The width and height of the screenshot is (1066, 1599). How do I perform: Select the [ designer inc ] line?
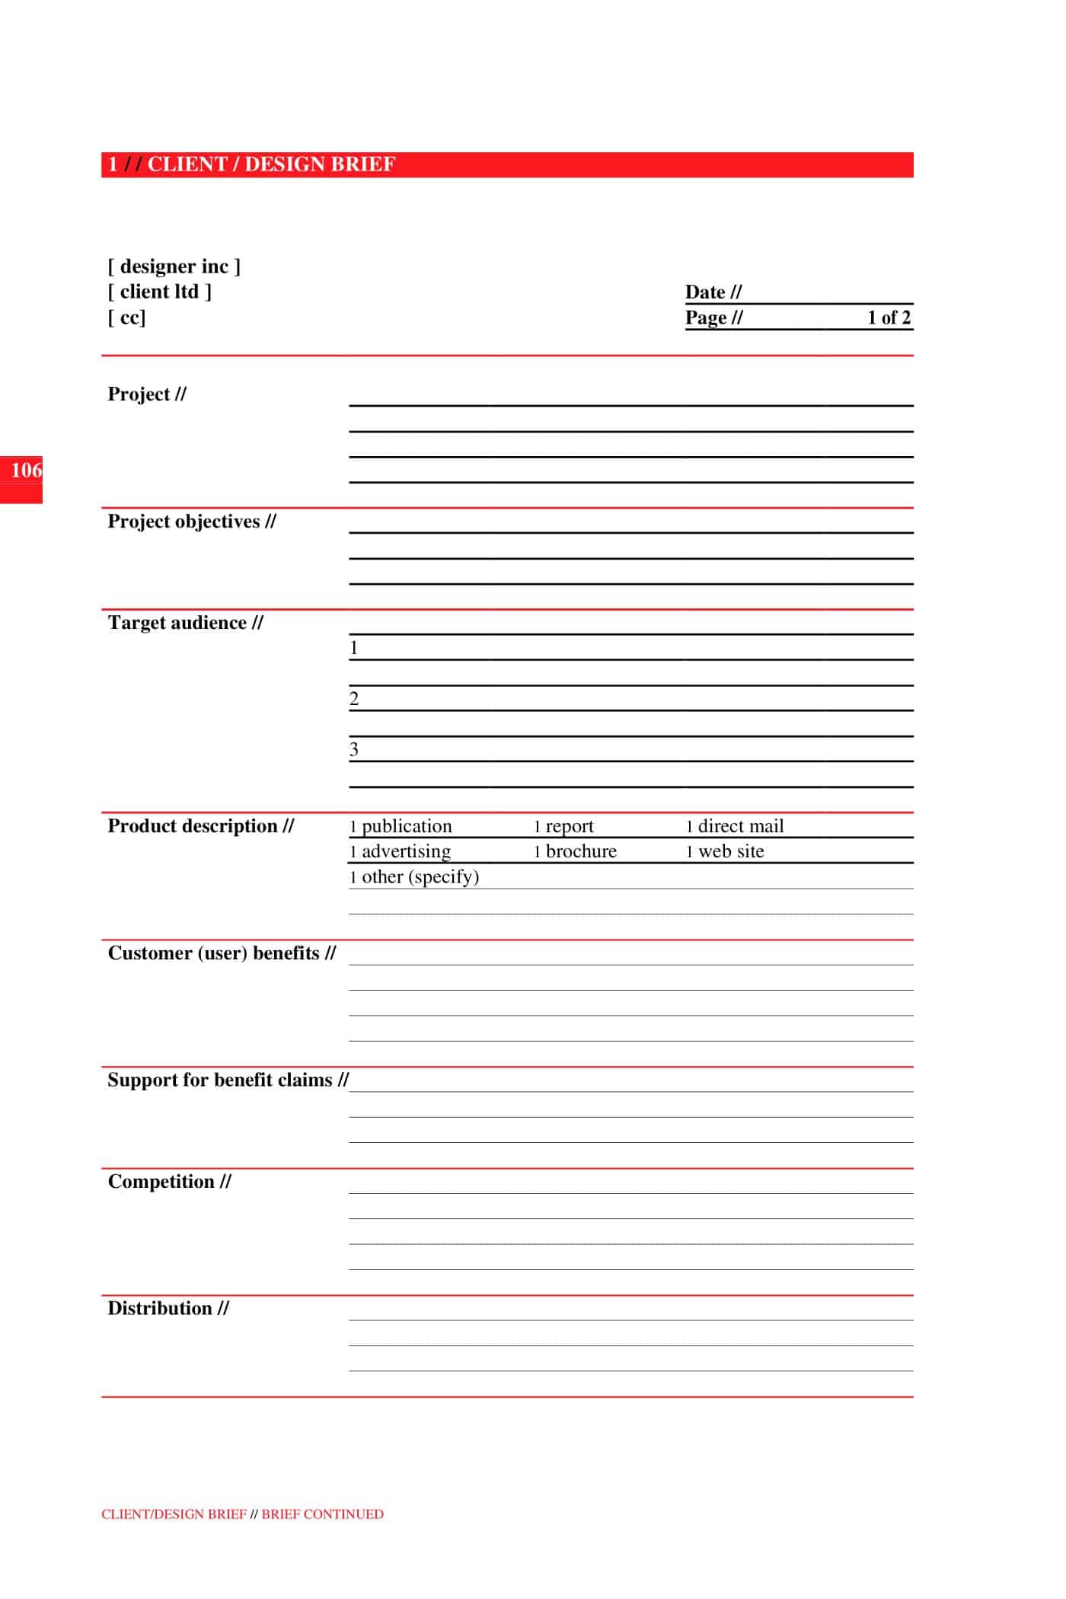pyautogui.click(x=174, y=266)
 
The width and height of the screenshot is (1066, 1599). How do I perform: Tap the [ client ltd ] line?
pyautogui.click(x=159, y=292)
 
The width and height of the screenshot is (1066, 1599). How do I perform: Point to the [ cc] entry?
pyautogui.click(x=126, y=317)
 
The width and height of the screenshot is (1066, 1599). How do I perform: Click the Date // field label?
pyautogui.click(x=713, y=292)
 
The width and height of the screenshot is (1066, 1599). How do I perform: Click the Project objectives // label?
pyautogui.click(x=191, y=522)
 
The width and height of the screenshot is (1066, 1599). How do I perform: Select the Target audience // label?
pyautogui.click(x=185, y=623)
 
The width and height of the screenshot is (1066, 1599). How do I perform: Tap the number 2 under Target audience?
pyautogui.click(x=354, y=699)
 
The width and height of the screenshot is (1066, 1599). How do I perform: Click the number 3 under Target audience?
pyautogui.click(x=354, y=749)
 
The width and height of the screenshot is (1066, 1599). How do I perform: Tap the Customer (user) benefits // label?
pyautogui.click(x=221, y=953)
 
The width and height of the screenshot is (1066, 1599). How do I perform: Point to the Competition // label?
pyautogui.click(x=169, y=1182)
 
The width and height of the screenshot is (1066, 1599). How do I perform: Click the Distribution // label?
pyautogui.click(x=168, y=1308)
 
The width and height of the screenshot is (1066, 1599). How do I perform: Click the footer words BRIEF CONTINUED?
pyautogui.click(x=322, y=1514)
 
